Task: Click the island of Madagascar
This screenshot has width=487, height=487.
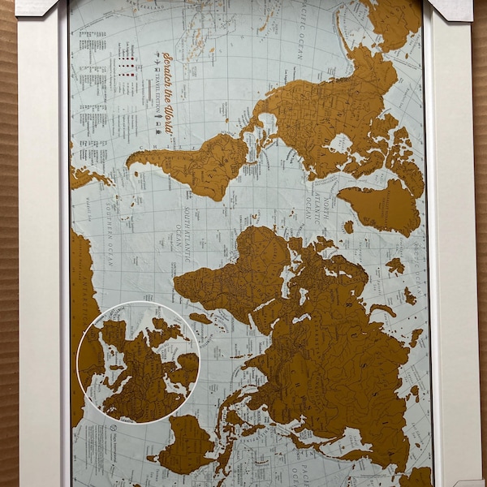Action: point(200,318)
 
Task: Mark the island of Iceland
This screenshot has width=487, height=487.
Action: point(349,228)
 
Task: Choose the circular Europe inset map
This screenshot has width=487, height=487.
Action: point(138,361)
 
